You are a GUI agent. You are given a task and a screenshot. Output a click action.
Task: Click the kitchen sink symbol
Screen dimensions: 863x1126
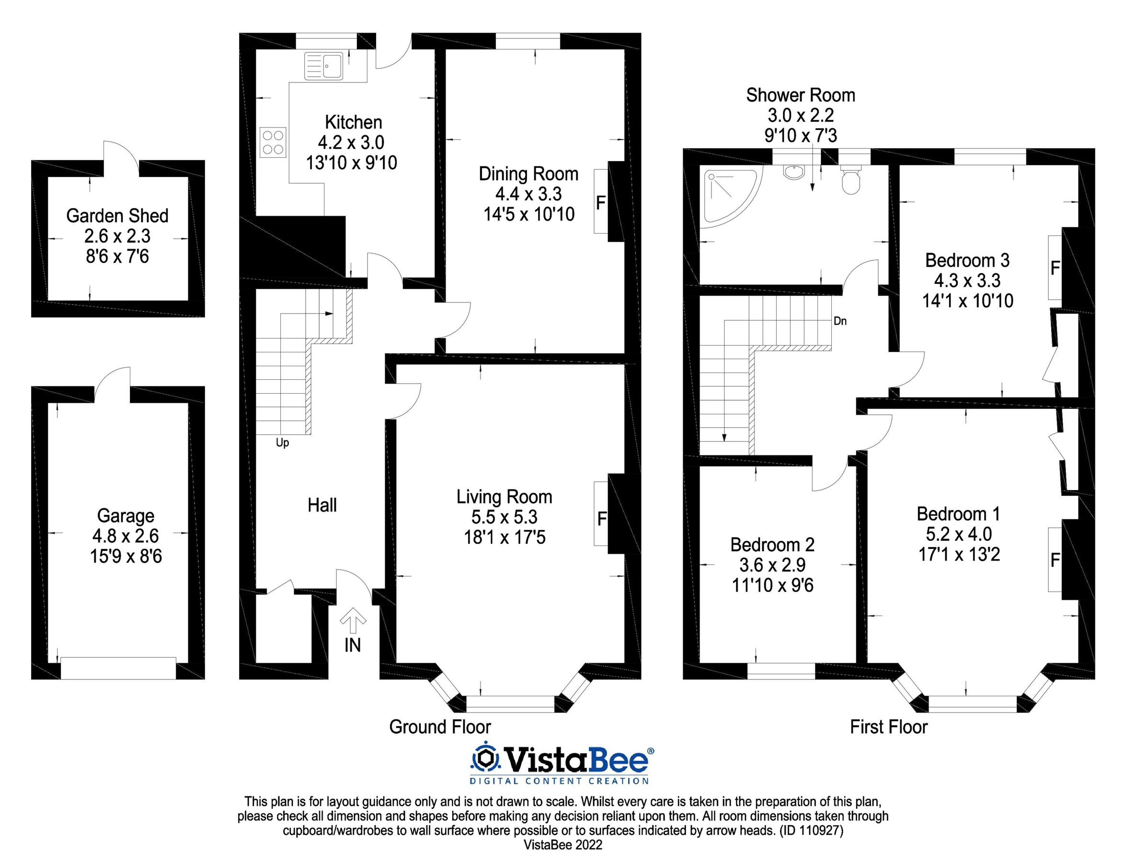coord(323,66)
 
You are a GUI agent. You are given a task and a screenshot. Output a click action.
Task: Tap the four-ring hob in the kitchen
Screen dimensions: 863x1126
coord(273,142)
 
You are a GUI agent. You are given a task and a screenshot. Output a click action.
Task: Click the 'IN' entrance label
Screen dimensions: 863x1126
coord(352,646)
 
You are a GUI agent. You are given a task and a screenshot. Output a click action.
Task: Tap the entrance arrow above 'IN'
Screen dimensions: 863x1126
coord(352,620)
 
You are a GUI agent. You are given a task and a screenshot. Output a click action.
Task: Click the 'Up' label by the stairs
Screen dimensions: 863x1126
coord(282,443)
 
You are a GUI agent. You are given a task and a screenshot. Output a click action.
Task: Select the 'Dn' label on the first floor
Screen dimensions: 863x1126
coord(840,322)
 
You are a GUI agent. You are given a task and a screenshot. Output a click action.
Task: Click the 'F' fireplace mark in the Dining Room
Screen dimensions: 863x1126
coord(600,203)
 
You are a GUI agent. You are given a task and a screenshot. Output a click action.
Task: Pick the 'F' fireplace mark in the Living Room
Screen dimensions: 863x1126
coord(602,519)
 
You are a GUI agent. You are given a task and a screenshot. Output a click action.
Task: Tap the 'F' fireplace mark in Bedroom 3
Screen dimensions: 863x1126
coord(1055,268)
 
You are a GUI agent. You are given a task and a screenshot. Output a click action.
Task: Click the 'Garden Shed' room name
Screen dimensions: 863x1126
coord(117,216)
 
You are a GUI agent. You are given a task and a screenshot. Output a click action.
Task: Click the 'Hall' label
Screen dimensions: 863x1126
coord(322,505)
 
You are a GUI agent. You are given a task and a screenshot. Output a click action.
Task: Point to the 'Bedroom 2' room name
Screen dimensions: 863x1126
coord(772,545)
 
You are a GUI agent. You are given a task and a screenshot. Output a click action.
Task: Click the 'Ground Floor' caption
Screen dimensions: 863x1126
coord(440,727)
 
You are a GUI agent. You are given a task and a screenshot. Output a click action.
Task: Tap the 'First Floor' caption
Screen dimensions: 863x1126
coord(889,727)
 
